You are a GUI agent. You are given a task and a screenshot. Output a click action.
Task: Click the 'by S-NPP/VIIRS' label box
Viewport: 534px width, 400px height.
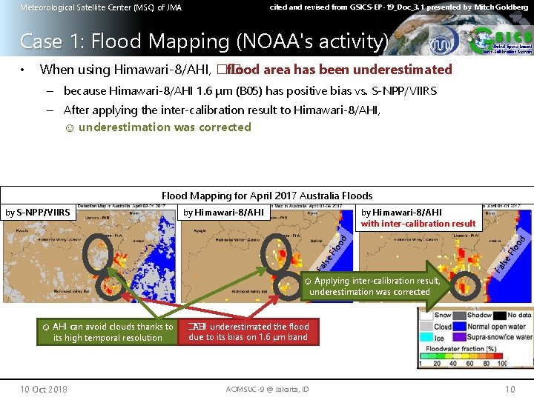[38, 213]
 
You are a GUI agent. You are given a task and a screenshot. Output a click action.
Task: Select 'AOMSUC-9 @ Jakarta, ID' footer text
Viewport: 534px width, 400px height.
[266, 390]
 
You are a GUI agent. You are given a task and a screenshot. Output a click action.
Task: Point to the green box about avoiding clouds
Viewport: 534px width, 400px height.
[108, 332]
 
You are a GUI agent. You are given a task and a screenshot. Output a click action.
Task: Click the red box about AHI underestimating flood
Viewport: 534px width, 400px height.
[248, 332]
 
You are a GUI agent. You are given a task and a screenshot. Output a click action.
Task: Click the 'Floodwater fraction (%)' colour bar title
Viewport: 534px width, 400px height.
[460, 350]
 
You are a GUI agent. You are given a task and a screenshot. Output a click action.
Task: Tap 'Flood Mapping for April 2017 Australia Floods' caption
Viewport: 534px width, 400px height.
[267, 196]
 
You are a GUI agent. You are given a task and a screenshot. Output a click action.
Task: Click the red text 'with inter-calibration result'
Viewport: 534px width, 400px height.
[418, 224]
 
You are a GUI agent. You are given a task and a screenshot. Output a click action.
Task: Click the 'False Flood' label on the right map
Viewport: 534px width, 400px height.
[511, 253]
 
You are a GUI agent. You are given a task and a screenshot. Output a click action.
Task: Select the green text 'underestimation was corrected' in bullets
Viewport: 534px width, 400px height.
[165, 127]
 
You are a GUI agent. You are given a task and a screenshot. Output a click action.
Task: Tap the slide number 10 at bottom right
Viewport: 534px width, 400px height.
[510, 390]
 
